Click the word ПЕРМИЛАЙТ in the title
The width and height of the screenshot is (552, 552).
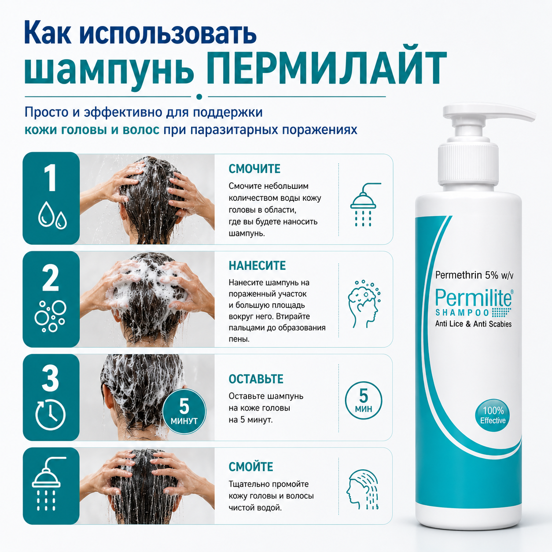(326, 69)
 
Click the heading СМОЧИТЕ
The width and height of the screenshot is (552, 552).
(254, 169)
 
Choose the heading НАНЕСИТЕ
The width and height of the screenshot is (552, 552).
(257, 265)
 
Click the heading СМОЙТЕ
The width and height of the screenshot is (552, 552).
(250, 467)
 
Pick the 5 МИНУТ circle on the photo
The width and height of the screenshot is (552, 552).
(184, 412)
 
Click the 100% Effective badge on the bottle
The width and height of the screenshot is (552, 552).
(493, 416)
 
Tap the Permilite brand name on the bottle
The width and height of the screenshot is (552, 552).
(474, 298)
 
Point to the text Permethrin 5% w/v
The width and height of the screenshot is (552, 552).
(474, 275)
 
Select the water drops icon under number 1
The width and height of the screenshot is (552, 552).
(52, 215)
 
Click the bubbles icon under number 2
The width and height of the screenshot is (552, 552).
(51, 316)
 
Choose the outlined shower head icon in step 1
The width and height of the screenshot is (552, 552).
(363, 205)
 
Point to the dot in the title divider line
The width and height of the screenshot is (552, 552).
(199, 97)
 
